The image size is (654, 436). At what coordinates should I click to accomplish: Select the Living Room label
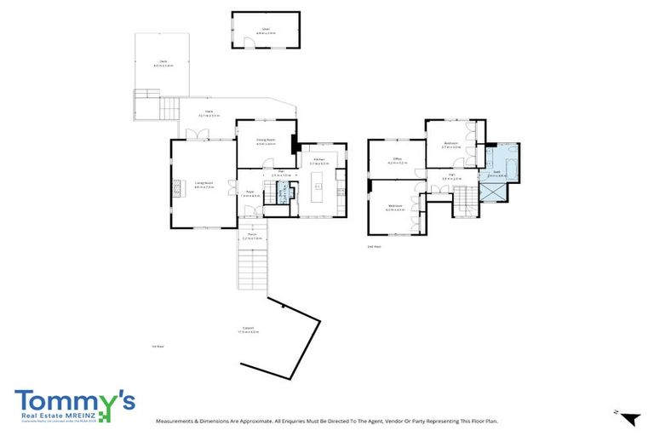[x=203, y=182]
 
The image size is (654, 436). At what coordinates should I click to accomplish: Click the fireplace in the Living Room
[x=178, y=187]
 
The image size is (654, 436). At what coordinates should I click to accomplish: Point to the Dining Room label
[x=266, y=141]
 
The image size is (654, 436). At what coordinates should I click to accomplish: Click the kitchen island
[x=320, y=183]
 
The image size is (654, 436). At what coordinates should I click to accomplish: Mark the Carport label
[x=250, y=329]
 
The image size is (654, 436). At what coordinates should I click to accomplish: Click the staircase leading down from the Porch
[x=252, y=272]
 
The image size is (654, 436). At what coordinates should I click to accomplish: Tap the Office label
[x=397, y=159]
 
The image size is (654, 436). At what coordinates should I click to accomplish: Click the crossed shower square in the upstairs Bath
[x=492, y=189]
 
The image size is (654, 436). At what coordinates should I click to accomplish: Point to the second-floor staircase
[x=466, y=203]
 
